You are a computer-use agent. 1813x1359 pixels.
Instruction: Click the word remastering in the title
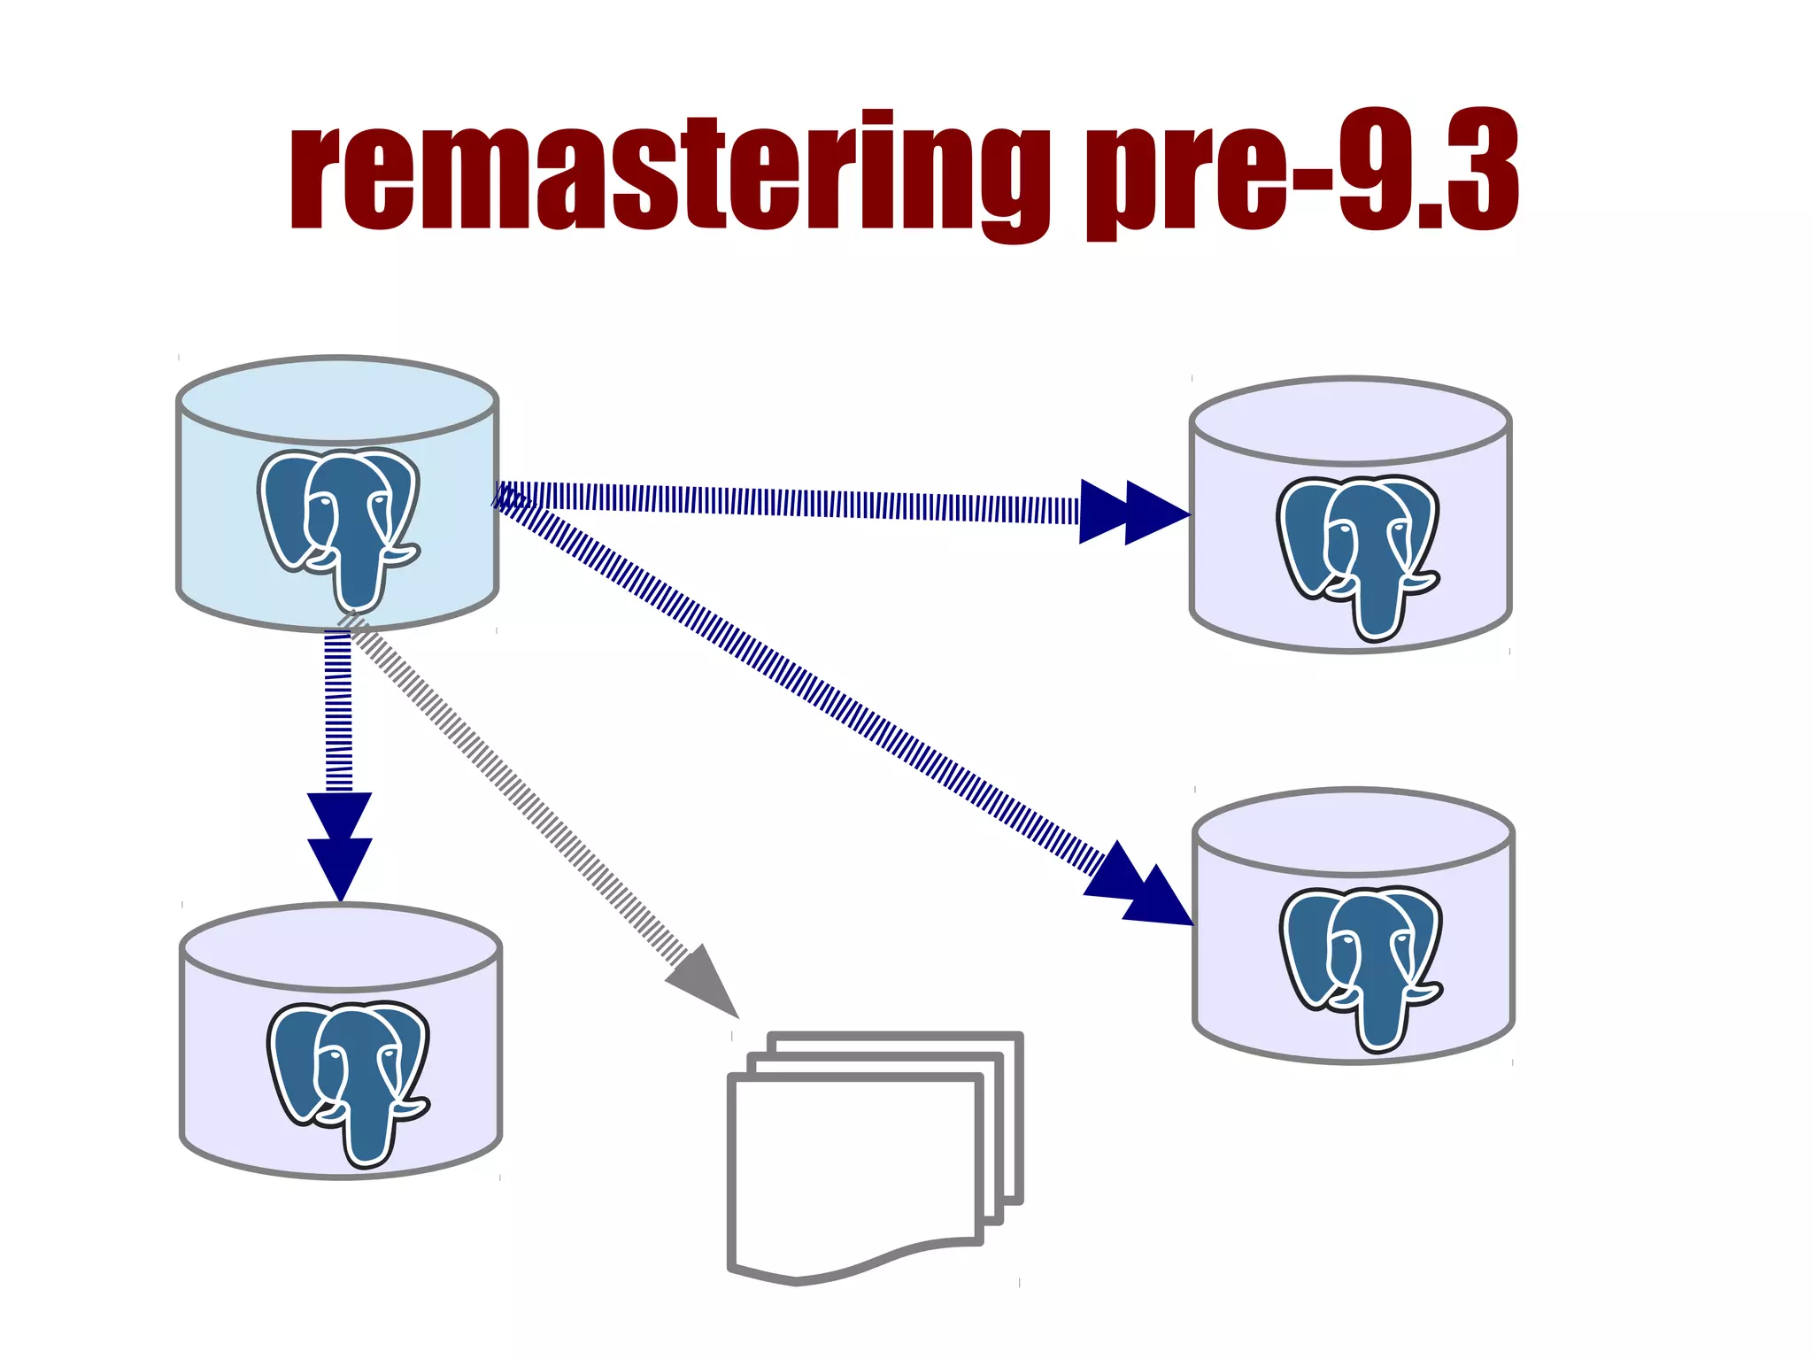(x=668, y=173)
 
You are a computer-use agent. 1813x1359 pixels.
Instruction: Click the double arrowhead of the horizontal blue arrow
(x=1133, y=512)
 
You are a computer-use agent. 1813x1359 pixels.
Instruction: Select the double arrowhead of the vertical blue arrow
(x=339, y=846)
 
